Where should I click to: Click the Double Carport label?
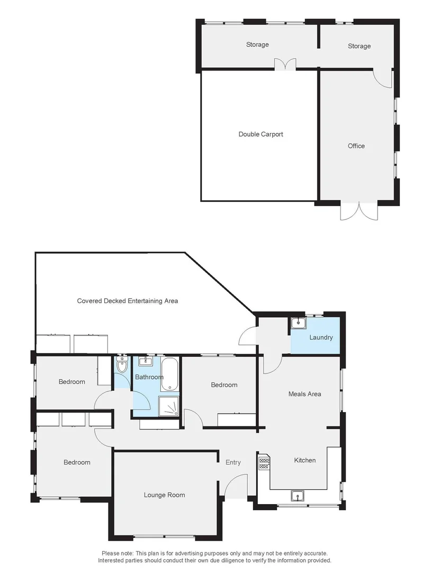coord(261,135)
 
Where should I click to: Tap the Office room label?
coord(356,146)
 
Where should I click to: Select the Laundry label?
coord(321,337)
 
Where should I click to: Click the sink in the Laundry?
coord(297,323)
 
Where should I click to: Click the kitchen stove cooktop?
coord(264,463)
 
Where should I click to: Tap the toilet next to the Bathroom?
coord(122,365)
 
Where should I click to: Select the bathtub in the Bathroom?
coord(170,375)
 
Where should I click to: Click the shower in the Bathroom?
coord(169,406)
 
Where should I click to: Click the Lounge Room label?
coord(164,495)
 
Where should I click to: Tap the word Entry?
coord(233,462)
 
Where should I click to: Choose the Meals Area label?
coord(304,394)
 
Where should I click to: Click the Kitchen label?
coord(304,460)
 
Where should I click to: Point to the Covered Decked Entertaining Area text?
coord(128,301)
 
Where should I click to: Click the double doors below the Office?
coord(359,211)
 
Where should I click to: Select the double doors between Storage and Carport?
coord(285,64)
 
